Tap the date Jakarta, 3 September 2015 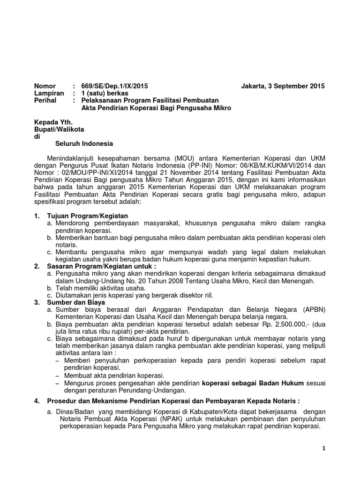point(282,86)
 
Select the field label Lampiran point(48,93)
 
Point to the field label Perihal point(46,101)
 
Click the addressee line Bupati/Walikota point(59,129)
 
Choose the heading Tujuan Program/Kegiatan point(83,215)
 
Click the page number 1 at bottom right point(323,449)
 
